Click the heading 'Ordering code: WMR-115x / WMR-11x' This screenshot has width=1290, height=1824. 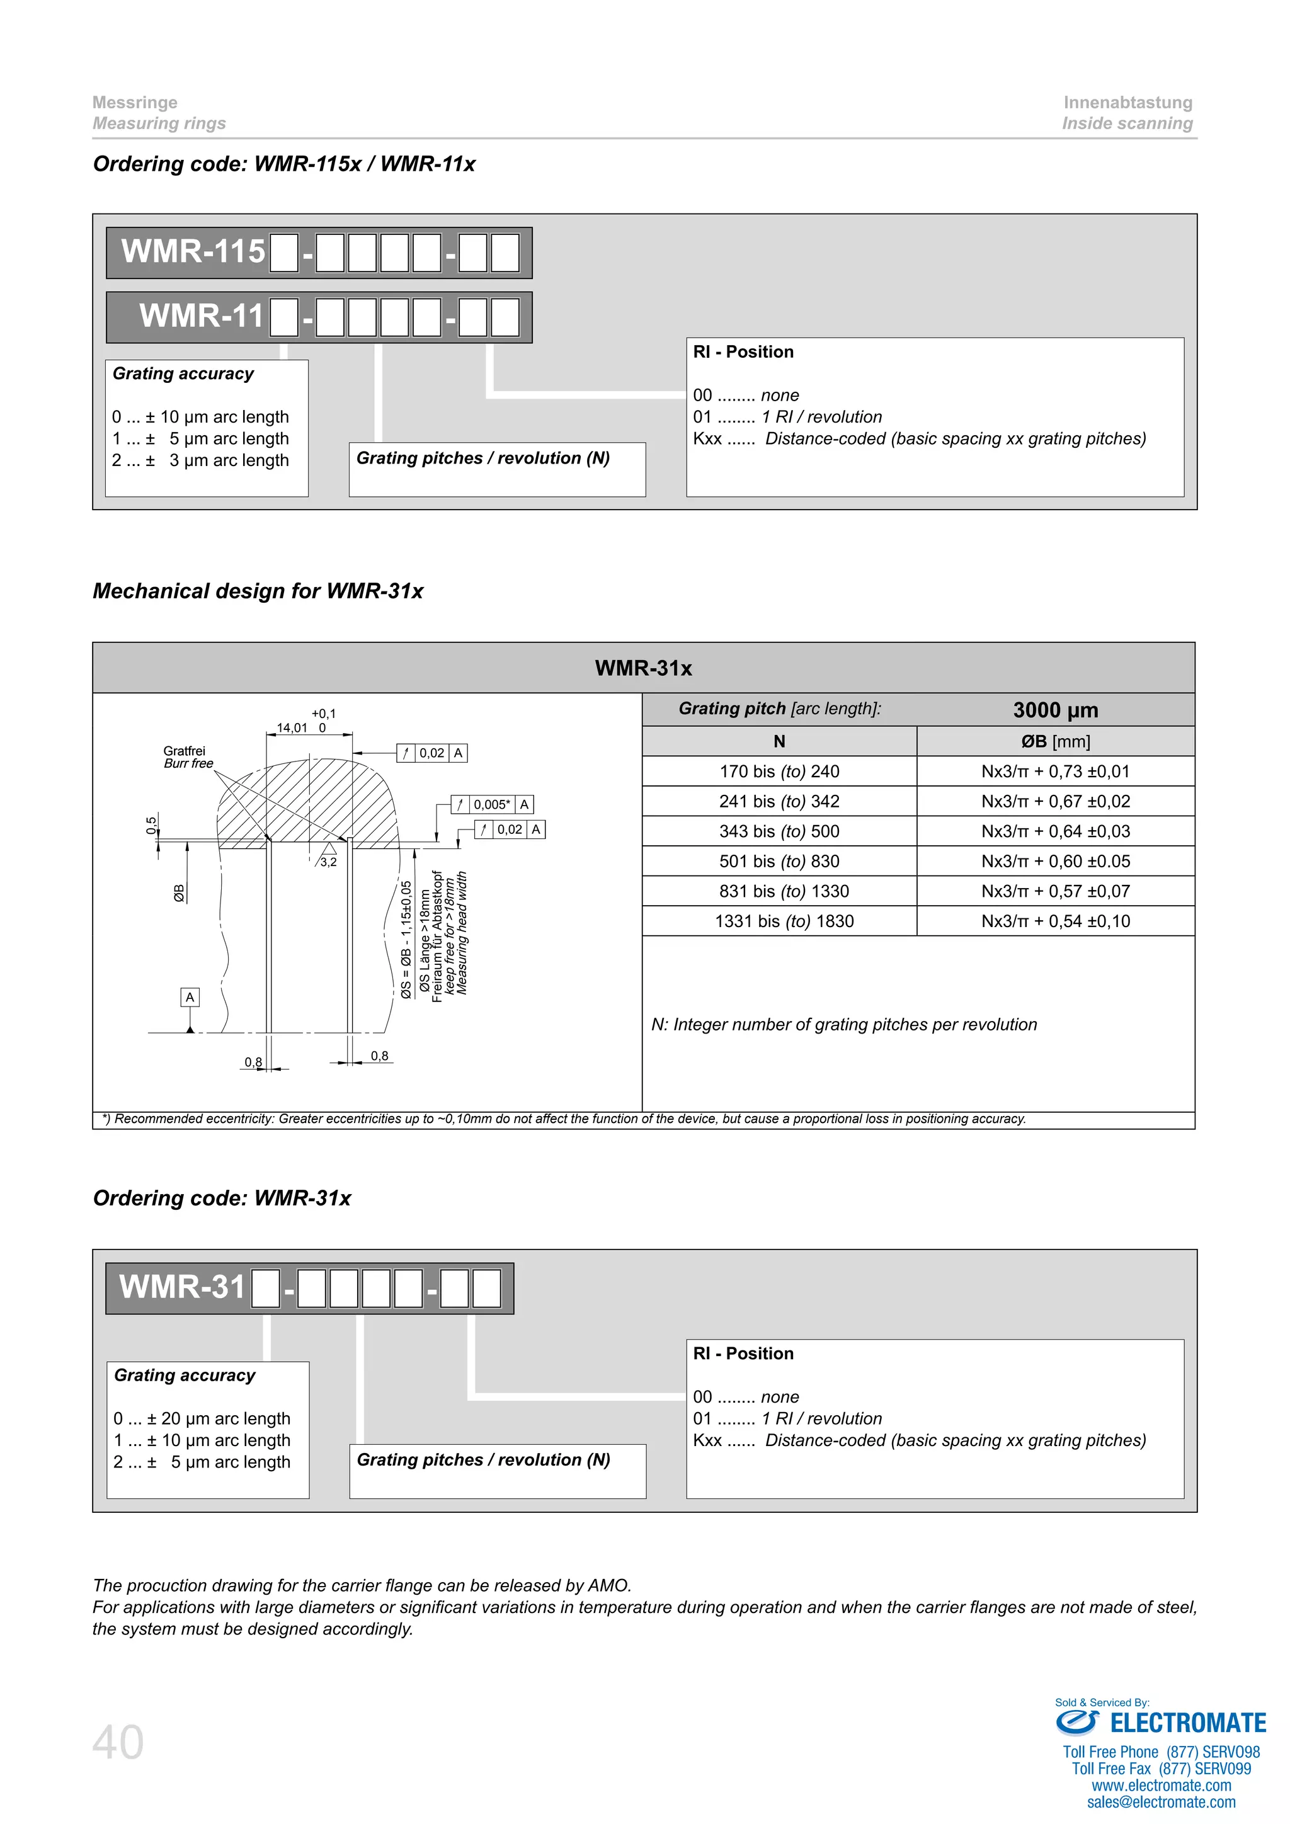click(283, 164)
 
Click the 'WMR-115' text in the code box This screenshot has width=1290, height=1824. click(193, 252)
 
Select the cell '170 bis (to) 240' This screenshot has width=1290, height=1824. click(779, 772)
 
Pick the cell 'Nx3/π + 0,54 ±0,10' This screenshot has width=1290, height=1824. click(1055, 921)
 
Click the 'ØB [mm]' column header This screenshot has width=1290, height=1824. click(1055, 741)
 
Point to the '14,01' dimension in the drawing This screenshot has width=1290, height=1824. click(292, 727)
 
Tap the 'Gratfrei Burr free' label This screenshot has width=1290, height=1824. click(188, 757)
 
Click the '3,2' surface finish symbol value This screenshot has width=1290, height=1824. click(328, 862)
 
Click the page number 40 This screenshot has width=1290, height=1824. click(118, 1742)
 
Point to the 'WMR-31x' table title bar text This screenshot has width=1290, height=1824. click(643, 668)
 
